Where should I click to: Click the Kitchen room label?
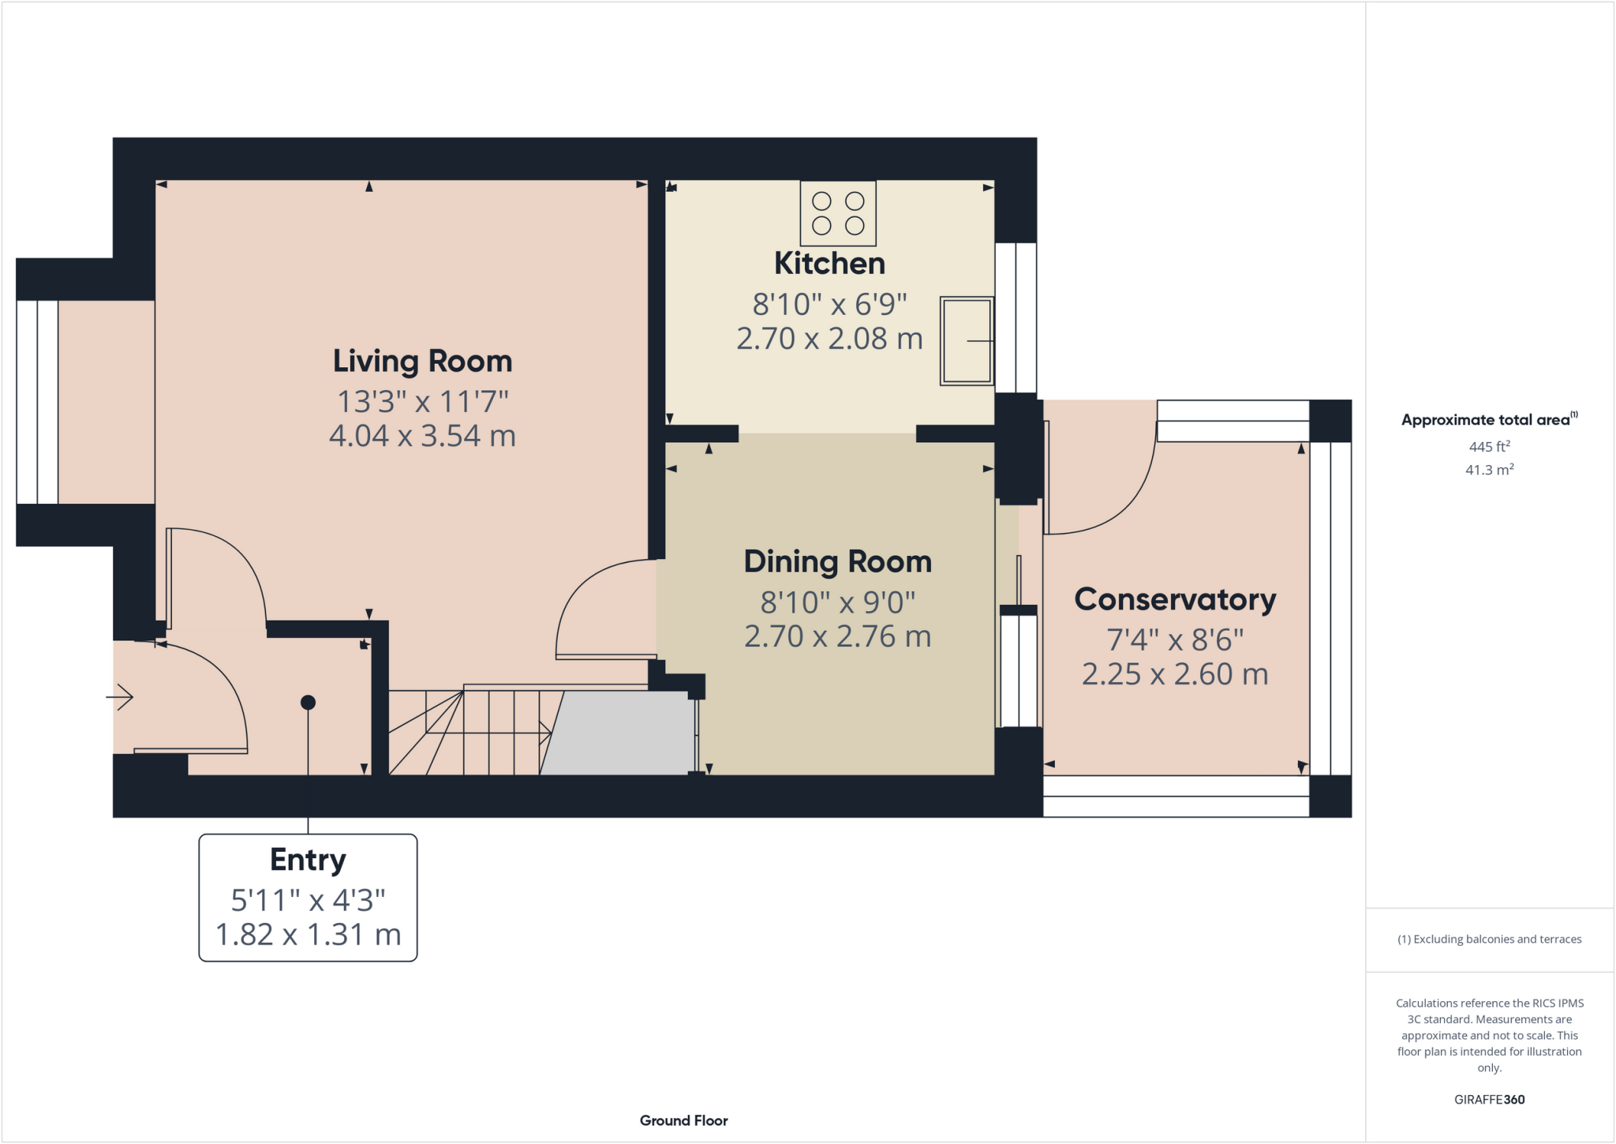(829, 264)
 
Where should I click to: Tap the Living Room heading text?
(422, 362)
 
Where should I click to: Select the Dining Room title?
(837, 562)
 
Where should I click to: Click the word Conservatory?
(1175, 600)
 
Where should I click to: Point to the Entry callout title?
(308, 860)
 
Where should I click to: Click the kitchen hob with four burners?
(838, 213)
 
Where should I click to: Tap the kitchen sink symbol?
(966, 341)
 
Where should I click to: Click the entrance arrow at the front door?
(120, 697)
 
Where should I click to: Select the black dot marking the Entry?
(309, 703)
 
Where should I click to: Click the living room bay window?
(37, 402)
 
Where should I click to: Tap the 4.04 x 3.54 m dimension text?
(422, 436)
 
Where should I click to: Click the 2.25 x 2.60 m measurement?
(1175, 674)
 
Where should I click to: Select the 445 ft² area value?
(1489, 447)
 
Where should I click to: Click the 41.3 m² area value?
(1489, 470)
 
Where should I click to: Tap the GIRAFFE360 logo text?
(1489, 1100)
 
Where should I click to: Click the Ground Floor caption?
(683, 1120)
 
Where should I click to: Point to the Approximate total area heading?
(1487, 420)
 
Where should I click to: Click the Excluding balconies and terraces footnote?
(1489, 940)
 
